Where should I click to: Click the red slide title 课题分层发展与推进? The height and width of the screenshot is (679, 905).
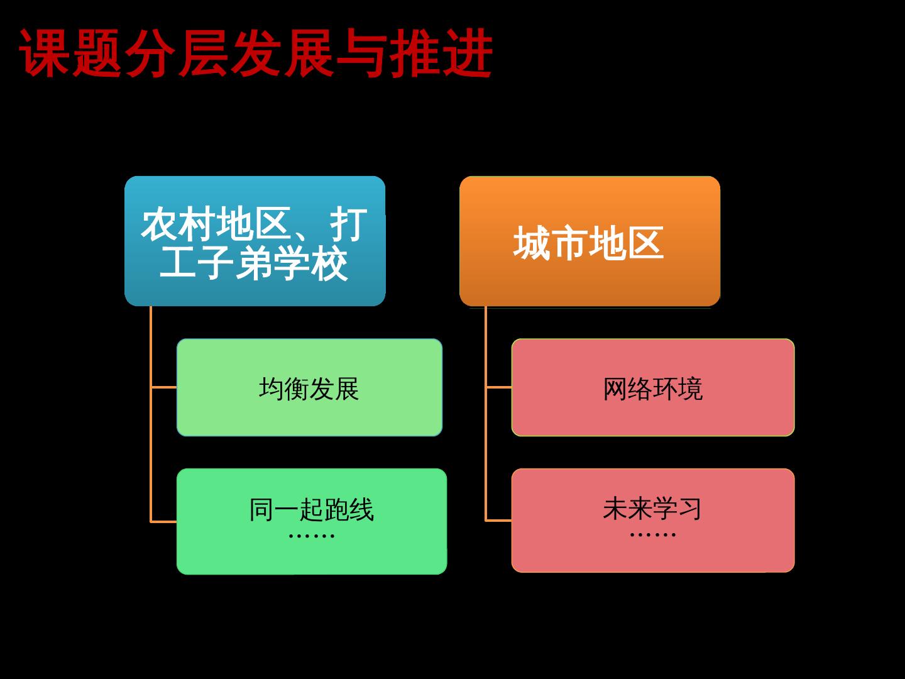pos(255,54)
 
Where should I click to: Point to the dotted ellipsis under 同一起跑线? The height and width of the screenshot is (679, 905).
pos(311,536)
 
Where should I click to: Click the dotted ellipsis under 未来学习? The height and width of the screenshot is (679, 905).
pos(652,535)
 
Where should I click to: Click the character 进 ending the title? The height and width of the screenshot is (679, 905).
pos(467,54)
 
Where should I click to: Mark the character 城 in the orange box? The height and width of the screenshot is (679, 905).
pos(532,243)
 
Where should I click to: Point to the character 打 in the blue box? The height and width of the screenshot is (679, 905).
pos(349,223)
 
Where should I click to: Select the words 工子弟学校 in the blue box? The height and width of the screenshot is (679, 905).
pos(254,263)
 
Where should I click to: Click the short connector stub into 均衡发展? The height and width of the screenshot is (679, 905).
pos(164,387)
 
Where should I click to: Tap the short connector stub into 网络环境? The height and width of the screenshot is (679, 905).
pos(499,387)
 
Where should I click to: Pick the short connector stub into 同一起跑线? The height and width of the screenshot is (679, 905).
pos(164,521)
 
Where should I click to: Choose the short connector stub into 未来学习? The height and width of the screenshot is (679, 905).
pos(499,521)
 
